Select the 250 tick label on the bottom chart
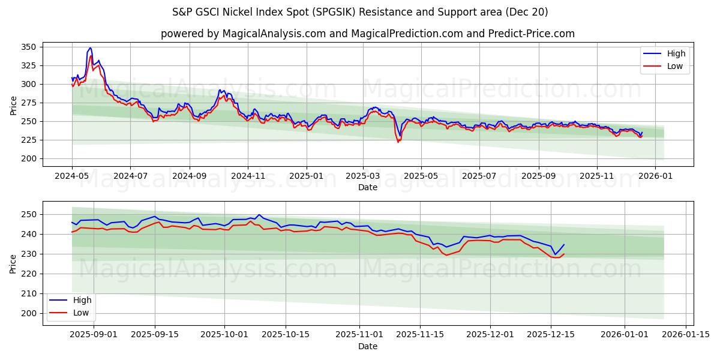(30, 214)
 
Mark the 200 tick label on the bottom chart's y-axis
(30, 313)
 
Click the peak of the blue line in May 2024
(90, 48)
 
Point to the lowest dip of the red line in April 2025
(397, 142)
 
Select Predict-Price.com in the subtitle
(534, 34)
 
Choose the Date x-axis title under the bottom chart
(368, 347)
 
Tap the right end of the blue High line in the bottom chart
(564, 244)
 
